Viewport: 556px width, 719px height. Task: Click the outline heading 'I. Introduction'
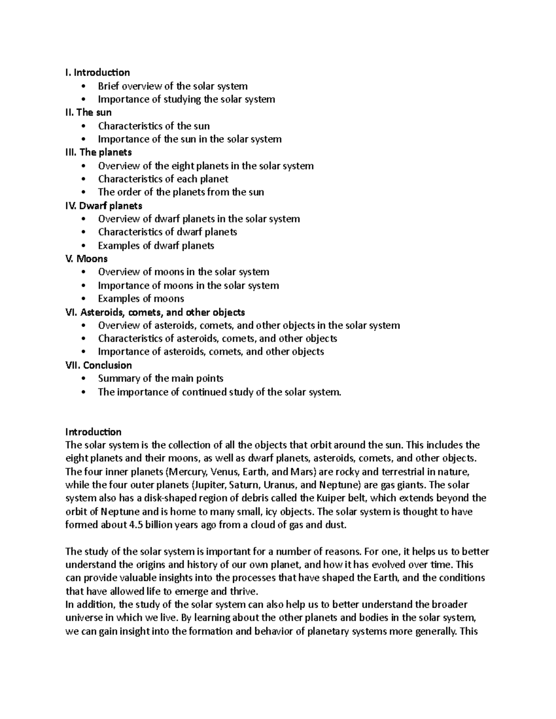97,72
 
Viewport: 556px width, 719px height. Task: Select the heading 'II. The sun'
88,113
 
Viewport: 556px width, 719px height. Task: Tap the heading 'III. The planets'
98,152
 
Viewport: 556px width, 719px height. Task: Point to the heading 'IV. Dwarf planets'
103,206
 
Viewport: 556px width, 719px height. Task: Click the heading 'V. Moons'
86,259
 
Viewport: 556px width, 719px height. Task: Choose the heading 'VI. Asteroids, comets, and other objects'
155,312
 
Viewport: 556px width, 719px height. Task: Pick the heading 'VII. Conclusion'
98,365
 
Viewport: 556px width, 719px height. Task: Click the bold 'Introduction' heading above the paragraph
93,432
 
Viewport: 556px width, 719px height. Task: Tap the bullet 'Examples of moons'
141,299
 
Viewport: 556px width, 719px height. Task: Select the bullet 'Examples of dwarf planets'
156,245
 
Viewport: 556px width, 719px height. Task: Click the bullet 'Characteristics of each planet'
163,179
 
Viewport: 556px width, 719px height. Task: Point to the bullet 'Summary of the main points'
160,378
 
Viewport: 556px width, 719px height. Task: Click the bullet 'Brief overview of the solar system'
172,86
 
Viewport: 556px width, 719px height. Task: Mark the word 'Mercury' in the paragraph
188,472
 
